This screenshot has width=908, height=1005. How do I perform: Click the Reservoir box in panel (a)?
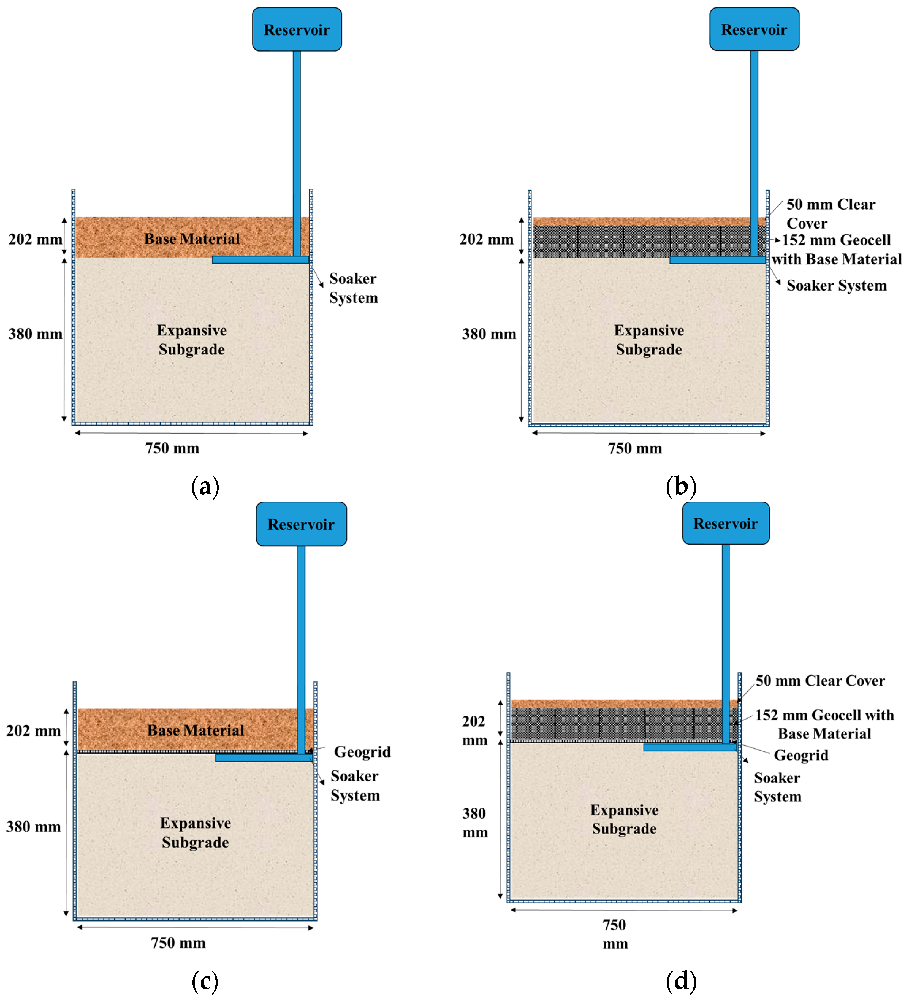pyautogui.click(x=297, y=29)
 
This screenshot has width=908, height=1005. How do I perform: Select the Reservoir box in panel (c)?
pyautogui.click(x=301, y=524)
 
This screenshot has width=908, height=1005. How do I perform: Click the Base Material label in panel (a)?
pyautogui.click(x=192, y=239)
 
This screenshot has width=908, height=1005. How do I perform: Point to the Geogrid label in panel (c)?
pyautogui.click(x=362, y=751)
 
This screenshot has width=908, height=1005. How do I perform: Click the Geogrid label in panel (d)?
pyautogui.click(x=800, y=755)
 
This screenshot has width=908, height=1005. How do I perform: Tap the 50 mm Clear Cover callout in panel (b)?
pyautogui.click(x=830, y=213)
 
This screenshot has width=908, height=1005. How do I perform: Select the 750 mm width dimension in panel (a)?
pyautogui.click(x=172, y=448)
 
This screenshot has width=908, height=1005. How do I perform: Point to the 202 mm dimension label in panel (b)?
pyautogui.click(x=486, y=239)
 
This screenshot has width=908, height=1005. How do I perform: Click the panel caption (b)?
pyautogui.click(x=680, y=486)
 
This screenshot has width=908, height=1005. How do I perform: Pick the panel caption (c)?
pyautogui.click(x=205, y=981)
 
